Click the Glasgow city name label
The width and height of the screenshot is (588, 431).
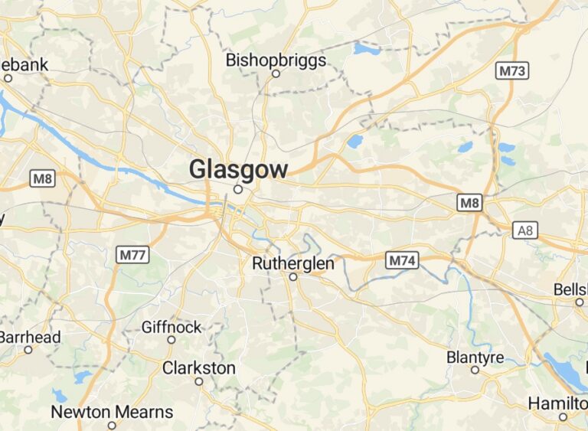click(239, 169)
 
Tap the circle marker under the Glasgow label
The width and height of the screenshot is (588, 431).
click(238, 189)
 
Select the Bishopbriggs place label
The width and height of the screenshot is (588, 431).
click(276, 60)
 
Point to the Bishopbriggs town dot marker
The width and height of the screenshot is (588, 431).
click(276, 74)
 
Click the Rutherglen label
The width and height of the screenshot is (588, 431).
click(293, 263)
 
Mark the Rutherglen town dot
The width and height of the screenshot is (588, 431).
click(293, 277)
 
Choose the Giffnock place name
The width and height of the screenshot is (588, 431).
click(171, 327)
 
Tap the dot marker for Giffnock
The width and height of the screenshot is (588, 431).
click(171, 340)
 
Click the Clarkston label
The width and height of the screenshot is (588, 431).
click(199, 368)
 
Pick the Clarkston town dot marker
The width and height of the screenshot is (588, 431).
click(199, 381)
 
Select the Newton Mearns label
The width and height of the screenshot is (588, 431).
click(112, 412)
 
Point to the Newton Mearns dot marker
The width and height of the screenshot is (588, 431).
click(112, 425)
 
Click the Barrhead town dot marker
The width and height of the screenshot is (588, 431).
click(28, 350)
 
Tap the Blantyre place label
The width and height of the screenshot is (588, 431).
click(475, 358)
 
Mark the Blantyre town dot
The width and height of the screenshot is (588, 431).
click(475, 370)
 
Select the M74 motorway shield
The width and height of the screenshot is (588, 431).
click(402, 261)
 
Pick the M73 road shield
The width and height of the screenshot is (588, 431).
click(512, 71)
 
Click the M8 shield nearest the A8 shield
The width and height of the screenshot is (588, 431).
click(469, 203)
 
